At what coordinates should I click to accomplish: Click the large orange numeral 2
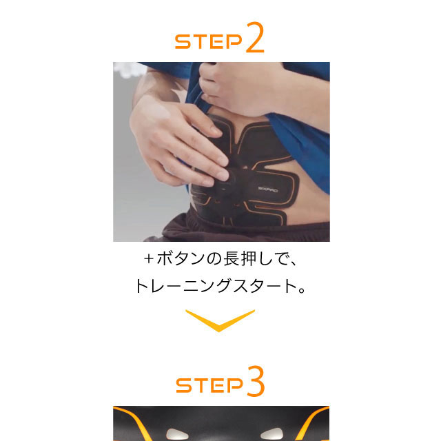pyautogui.click(x=255, y=37)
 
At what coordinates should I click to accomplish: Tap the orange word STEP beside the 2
pyautogui.click(x=208, y=41)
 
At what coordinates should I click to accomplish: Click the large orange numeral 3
pyautogui.click(x=256, y=381)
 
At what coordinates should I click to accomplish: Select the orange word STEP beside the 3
pyautogui.click(x=209, y=385)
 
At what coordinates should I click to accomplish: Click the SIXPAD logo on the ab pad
pyautogui.click(x=268, y=189)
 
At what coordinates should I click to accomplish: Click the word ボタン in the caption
pyautogui.click(x=181, y=258)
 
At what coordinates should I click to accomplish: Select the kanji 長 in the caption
pyautogui.click(x=232, y=258)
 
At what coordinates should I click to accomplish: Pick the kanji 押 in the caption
pyautogui.click(x=248, y=258)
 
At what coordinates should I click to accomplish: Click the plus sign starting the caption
pyautogui.click(x=149, y=259)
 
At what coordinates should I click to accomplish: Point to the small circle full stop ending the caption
pyautogui.click(x=302, y=290)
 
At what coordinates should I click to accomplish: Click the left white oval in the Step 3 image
pyautogui.click(x=176, y=433)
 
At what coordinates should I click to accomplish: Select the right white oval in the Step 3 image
pyautogui.click(x=271, y=433)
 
